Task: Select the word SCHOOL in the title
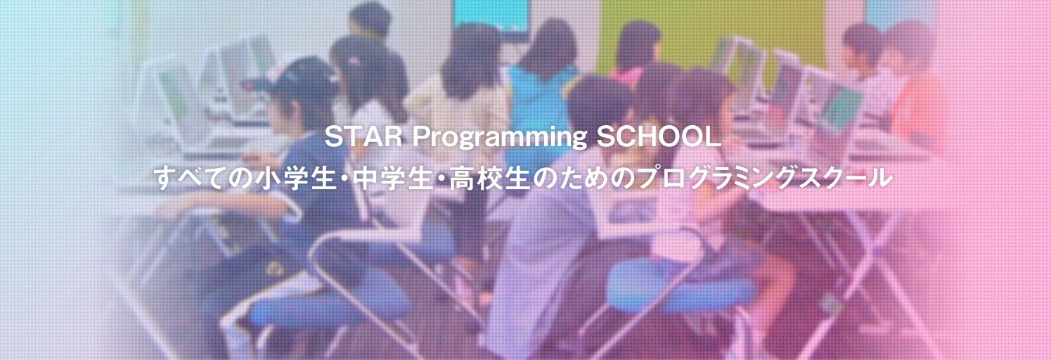(x=659, y=137)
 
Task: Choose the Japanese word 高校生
(x=489, y=179)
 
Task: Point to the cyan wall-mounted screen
(x=491, y=15)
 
